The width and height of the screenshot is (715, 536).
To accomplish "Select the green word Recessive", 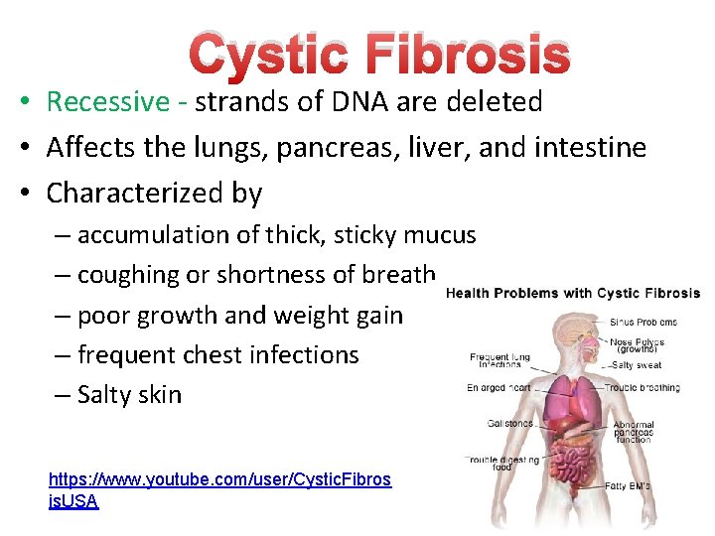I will click(108, 102).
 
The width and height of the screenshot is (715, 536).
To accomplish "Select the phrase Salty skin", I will click(129, 394).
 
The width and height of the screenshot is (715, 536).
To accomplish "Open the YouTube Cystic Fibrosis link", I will click(219, 480).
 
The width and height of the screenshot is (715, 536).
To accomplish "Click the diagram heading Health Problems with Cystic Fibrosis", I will click(573, 293).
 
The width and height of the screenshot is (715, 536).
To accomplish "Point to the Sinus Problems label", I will click(643, 323).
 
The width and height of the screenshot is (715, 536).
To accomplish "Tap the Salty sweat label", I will click(637, 365).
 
